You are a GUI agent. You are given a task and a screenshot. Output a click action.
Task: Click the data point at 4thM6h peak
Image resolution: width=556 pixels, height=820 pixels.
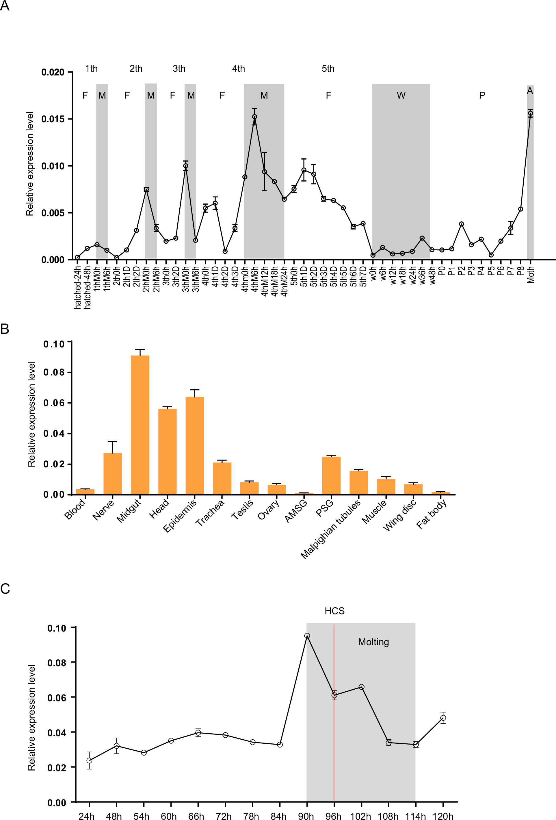(254, 117)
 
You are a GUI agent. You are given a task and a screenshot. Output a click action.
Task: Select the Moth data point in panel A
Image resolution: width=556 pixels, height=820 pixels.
(530, 113)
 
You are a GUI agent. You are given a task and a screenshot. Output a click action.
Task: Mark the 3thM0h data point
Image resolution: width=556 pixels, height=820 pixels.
(186, 166)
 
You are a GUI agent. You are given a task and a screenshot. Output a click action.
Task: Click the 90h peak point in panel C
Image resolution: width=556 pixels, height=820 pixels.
(307, 636)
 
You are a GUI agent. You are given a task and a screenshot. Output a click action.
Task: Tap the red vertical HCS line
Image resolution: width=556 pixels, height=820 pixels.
(334, 741)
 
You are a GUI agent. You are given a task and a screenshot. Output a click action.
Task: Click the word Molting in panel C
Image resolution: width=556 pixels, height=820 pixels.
(373, 642)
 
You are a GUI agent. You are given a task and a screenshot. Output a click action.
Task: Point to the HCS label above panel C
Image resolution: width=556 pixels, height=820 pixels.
(334, 611)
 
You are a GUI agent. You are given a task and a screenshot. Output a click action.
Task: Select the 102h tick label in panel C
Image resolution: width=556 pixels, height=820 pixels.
(360, 816)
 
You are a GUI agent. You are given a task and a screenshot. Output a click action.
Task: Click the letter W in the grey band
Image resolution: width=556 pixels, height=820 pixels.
(401, 96)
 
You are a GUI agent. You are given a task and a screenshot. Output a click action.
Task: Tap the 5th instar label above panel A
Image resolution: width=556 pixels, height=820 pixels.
(328, 69)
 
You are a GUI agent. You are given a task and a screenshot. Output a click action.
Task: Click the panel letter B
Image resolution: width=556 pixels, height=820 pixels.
(5, 329)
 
